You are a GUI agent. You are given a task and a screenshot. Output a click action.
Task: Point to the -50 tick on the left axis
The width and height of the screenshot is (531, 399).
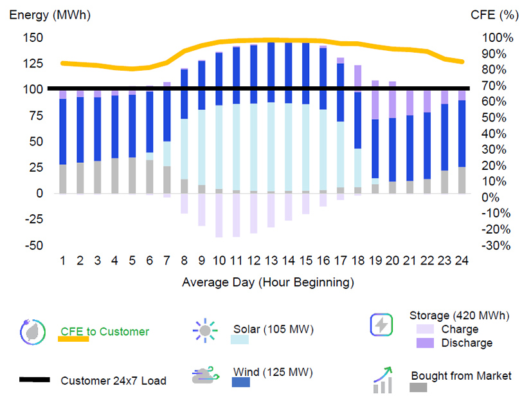point(35,245)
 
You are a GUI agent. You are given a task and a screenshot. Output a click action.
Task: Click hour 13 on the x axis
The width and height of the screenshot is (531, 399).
point(271,261)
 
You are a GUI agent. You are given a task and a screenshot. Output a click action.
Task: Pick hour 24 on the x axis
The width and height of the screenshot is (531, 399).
point(462,261)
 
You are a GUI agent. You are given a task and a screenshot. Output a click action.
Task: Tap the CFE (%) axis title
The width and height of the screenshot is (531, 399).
point(493,14)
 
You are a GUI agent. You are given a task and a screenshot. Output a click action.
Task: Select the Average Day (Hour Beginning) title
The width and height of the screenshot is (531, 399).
point(267,282)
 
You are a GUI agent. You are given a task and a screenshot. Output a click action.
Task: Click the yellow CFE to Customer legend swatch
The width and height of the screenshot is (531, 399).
point(73,339)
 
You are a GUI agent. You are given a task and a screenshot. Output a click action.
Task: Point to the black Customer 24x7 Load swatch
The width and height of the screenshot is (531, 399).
point(34,380)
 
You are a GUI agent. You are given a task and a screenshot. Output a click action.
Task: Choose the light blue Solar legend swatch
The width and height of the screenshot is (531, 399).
point(239,340)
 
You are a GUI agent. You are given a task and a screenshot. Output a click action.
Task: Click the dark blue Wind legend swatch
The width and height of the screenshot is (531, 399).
point(240,382)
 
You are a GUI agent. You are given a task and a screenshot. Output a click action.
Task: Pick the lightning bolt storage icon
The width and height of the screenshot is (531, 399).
point(381,325)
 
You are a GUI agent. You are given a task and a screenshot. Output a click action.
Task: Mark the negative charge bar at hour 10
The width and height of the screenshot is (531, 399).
point(219,215)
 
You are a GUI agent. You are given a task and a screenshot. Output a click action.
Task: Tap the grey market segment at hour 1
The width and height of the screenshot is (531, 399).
point(63,178)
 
